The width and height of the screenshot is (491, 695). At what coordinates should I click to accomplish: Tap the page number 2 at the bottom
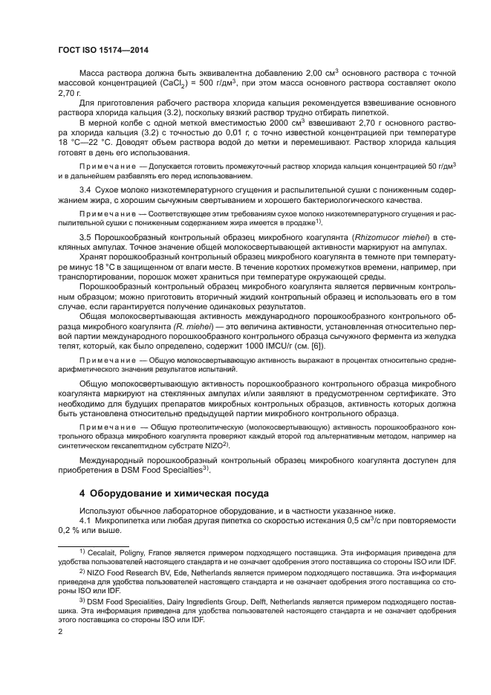point(61,631)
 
